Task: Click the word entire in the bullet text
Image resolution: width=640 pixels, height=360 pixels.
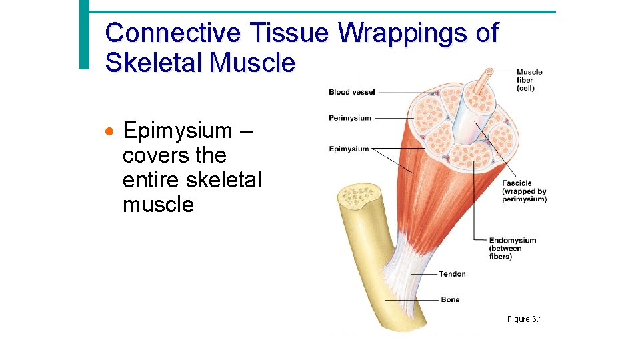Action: click(151, 180)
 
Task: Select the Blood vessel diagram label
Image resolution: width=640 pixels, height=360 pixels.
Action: click(351, 92)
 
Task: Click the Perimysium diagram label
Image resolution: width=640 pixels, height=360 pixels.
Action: click(350, 118)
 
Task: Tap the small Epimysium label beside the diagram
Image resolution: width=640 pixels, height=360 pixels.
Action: click(349, 149)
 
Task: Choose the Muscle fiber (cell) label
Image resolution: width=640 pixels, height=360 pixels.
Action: click(529, 80)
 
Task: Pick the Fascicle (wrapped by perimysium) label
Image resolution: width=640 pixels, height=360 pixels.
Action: click(524, 191)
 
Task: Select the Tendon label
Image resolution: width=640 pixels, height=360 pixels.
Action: click(452, 274)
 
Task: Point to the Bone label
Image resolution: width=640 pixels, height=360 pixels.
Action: click(450, 299)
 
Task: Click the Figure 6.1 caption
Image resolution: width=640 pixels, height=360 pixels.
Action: click(525, 319)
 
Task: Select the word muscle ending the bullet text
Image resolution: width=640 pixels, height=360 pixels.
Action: click(158, 205)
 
